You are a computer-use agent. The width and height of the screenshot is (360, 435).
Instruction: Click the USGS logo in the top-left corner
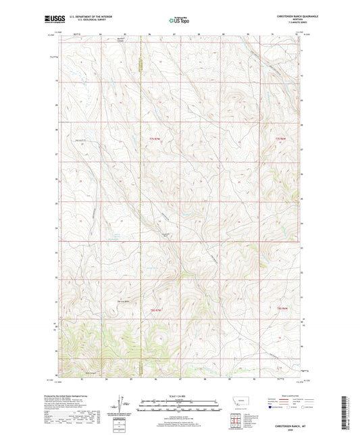[51, 20]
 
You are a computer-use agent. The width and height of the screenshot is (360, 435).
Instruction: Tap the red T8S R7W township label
[155, 309]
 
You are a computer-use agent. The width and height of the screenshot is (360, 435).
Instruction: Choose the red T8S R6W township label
[282, 309]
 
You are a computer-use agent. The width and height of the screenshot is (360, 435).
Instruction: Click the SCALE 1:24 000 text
[179, 396]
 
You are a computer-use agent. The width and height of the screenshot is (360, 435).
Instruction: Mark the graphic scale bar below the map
[179, 406]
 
